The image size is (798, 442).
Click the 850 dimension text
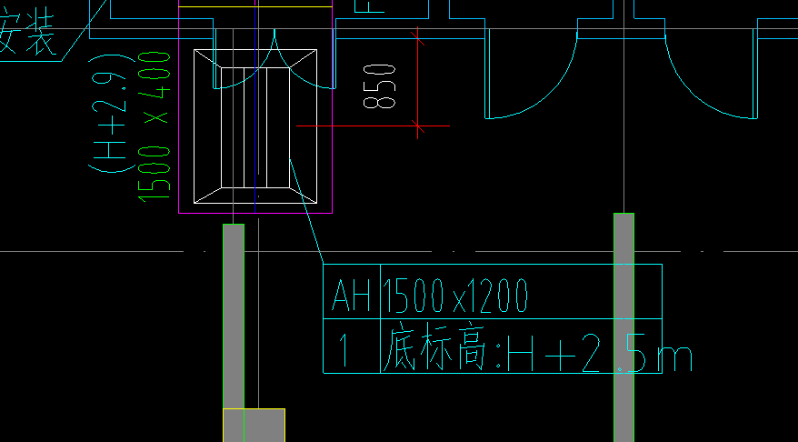(379, 85)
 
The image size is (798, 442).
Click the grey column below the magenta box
(233, 318)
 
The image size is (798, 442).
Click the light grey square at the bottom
(254, 426)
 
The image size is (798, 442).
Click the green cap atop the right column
(623, 215)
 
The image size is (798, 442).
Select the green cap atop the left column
(234, 225)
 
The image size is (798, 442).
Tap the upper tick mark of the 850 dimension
(418, 37)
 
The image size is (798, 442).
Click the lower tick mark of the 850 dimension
(418, 126)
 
